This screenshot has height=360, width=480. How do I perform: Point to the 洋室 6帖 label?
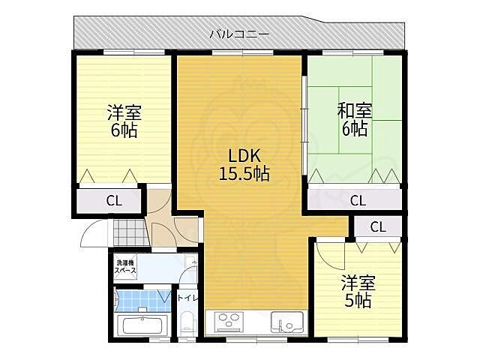(124, 121)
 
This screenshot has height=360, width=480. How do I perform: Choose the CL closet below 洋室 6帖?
(112, 200)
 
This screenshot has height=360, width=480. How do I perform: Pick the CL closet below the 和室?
(358, 200)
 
